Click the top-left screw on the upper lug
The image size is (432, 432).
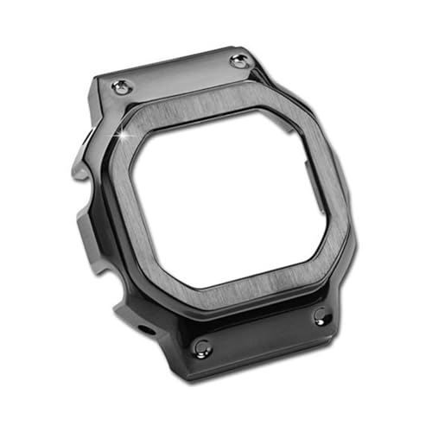pos(121,86)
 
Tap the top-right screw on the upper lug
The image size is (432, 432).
pos(238,60)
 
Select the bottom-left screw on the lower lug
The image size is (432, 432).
pos(203,347)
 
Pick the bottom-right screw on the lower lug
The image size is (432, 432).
pos(321,315)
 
